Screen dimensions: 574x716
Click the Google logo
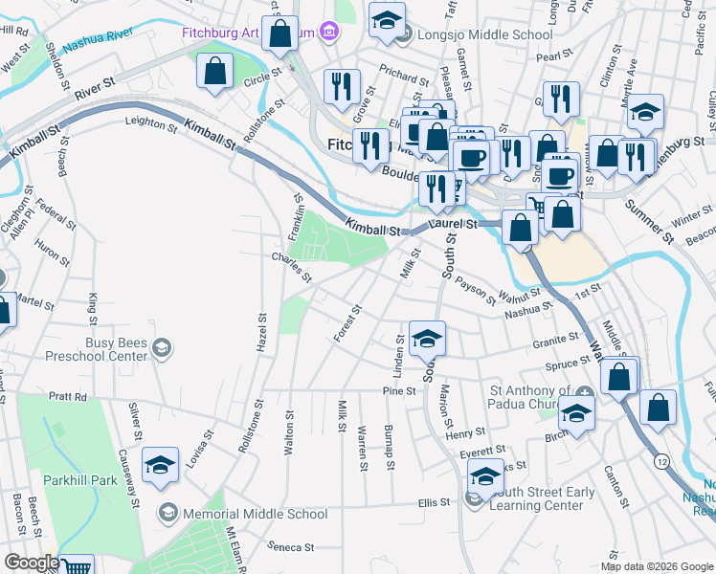(x=32, y=563)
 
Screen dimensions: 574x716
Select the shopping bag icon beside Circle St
(x=214, y=70)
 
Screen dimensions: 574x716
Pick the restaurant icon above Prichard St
(x=341, y=86)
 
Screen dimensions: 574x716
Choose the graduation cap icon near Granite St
(x=427, y=337)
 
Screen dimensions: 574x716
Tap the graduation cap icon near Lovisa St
(x=160, y=465)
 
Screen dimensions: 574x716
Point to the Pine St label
(x=398, y=390)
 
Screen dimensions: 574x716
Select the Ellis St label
(x=434, y=502)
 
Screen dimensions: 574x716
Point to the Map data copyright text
(x=656, y=566)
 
